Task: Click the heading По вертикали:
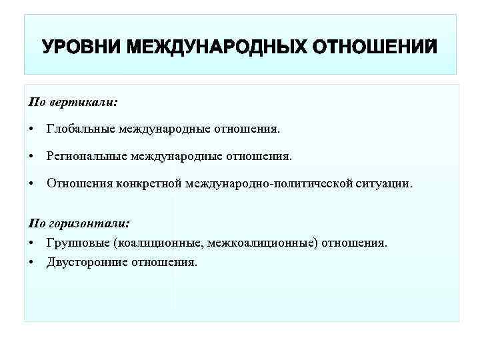[x=73, y=103]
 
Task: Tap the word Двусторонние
[x=85, y=262]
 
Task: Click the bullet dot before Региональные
[x=32, y=156]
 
